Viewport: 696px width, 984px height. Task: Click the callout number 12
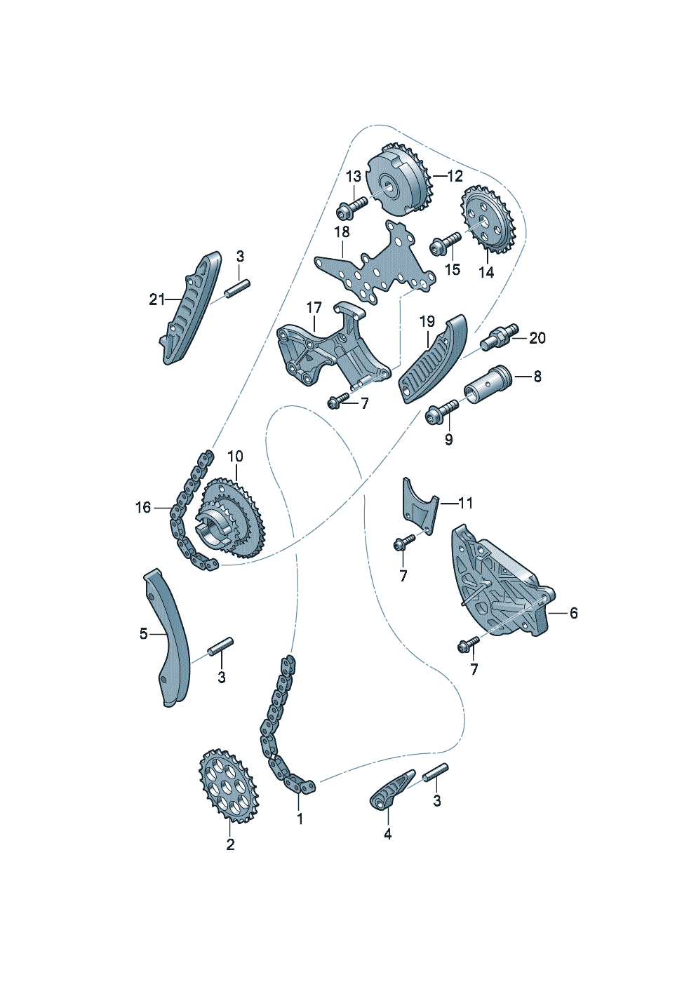[x=455, y=176]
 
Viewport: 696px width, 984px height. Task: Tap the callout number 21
[x=156, y=300]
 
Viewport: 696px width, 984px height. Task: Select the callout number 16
[x=143, y=508]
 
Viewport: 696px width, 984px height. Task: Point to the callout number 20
[x=537, y=338]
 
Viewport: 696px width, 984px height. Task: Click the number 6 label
[x=573, y=613]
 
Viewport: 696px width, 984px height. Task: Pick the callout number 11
[x=465, y=503]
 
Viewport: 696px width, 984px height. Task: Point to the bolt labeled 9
[x=441, y=410]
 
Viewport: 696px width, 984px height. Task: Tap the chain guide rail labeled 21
[x=191, y=314]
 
